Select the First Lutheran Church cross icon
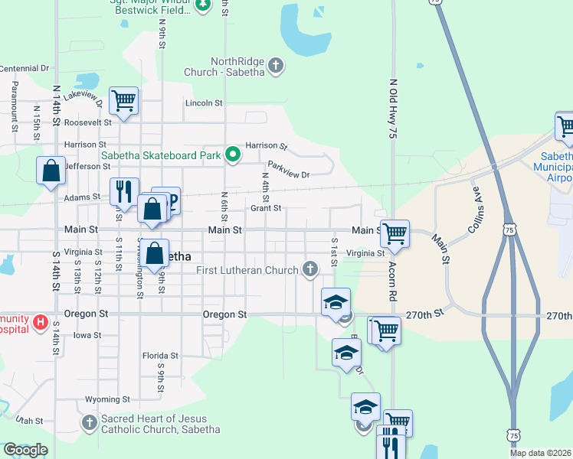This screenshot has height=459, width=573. [309, 269]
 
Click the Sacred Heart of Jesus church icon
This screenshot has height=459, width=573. [90, 422]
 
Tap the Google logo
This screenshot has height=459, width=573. [25, 450]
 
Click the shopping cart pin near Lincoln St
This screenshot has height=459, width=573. [123, 100]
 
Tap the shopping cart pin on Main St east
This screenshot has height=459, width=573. [395, 233]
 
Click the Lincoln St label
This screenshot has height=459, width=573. [204, 103]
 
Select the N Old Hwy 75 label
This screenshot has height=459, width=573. [392, 108]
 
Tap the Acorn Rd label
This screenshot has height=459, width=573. [392, 284]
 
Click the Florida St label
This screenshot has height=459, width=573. [160, 356]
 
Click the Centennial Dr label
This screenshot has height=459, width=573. [24, 69]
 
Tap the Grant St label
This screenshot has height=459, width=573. [267, 208]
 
